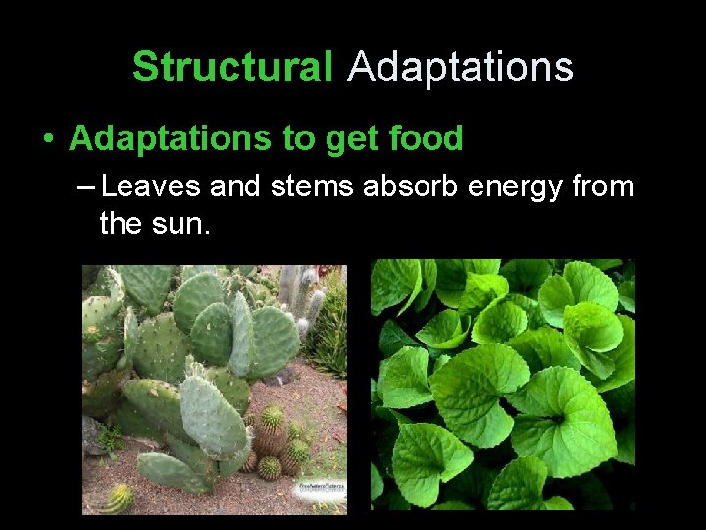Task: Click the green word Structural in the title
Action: pos(232,68)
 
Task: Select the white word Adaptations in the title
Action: pos(460,68)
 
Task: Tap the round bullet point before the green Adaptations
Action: pos(48,139)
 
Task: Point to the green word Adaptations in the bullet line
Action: pos(171,139)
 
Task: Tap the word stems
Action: pos(312,185)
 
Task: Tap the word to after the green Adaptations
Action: pos(295,140)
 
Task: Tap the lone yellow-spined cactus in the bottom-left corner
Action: pos(117,499)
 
